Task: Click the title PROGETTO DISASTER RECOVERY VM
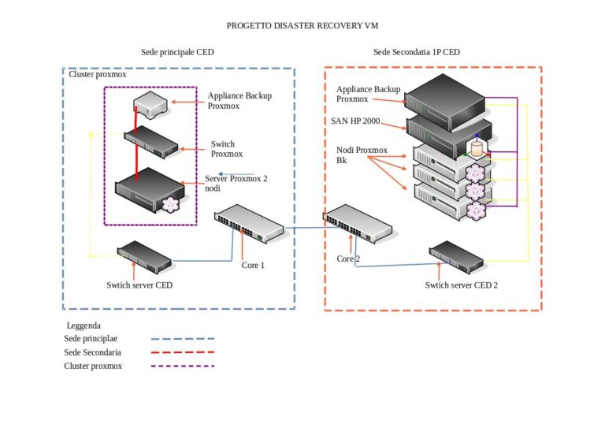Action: click(x=302, y=25)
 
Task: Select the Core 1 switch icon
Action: click(x=249, y=223)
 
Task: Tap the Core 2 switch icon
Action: click(x=358, y=223)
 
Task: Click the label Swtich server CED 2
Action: click(x=462, y=285)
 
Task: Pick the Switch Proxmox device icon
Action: click(x=151, y=143)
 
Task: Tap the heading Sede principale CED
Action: click(x=177, y=52)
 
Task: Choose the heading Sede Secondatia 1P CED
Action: click(x=417, y=52)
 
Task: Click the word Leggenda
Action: click(x=84, y=325)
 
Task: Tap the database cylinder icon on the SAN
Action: click(x=475, y=148)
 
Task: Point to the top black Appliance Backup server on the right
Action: click(x=446, y=95)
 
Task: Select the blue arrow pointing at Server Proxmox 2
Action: click(x=236, y=175)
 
